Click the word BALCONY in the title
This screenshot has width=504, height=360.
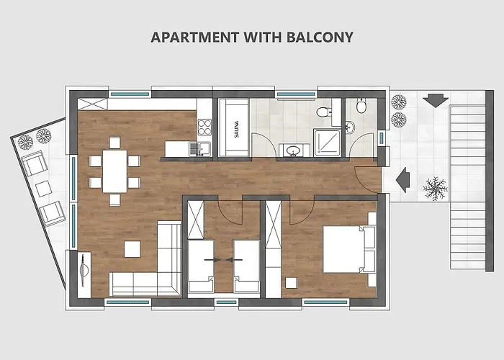pyautogui.click(x=320, y=37)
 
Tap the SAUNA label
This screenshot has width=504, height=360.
pyautogui.click(x=237, y=129)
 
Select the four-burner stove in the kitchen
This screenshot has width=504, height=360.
pyautogui.click(x=204, y=127)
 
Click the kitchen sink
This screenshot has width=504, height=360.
pyautogui.click(x=200, y=149)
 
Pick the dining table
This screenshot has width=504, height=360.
pyautogui.click(x=114, y=171)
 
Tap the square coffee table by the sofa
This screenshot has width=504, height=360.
pyautogui.click(x=132, y=249)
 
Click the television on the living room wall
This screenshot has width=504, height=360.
pyautogui.click(x=84, y=270)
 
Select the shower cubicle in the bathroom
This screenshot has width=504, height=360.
pyautogui.click(x=328, y=143)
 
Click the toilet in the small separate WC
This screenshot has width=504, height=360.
pyautogui.click(x=361, y=107)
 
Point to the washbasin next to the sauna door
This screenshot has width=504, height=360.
pyautogui.click(x=293, y=150)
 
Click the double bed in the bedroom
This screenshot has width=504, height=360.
pyautogui.click(x=349, y=249)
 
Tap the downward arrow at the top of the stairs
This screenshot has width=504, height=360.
pyautogui.click(x=436, y=100)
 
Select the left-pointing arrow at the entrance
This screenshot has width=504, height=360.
pyautogui.click(x=402, y=180)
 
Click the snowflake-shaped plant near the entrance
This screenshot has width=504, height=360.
pyautogui.click(x=436, y=189)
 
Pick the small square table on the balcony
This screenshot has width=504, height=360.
pyautogui.click(x=43, y=189)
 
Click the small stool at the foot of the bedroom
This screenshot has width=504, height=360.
pyautogui.click(x=292, y=283)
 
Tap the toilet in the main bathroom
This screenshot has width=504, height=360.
pyautogui.click(x=323, y=112)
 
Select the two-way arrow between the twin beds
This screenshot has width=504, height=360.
pyautogui.click(x=224, y=259)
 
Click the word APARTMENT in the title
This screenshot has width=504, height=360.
pyautogui.click(x=195, y=37)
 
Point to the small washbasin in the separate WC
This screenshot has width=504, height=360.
pyautogui.click(x=350, y=127)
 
